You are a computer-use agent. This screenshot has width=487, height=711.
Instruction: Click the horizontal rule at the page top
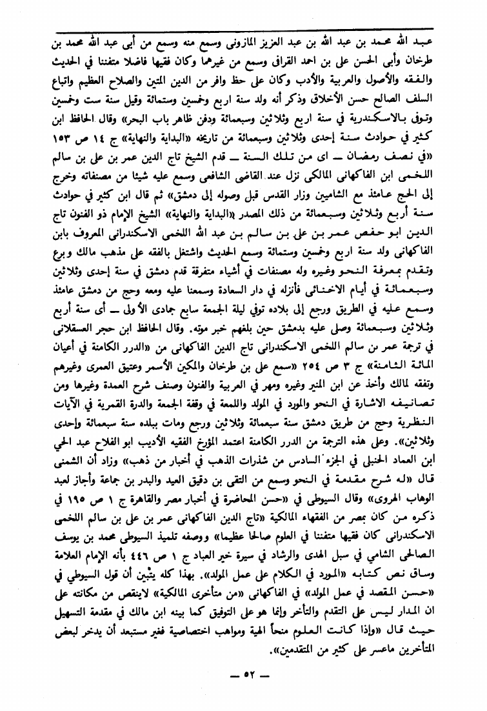(243, 29)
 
